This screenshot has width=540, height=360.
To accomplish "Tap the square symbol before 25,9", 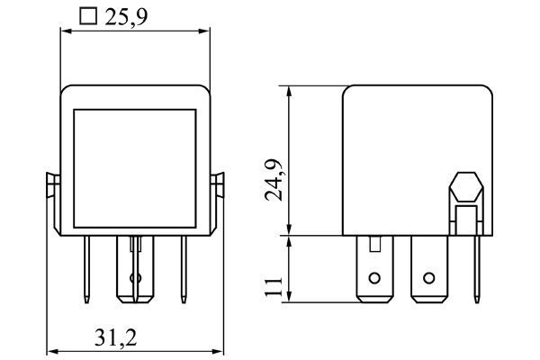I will pos(87,16).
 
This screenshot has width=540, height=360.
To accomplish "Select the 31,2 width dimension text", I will pos(117,337).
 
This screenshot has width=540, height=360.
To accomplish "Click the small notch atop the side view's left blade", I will pos(374,242).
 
